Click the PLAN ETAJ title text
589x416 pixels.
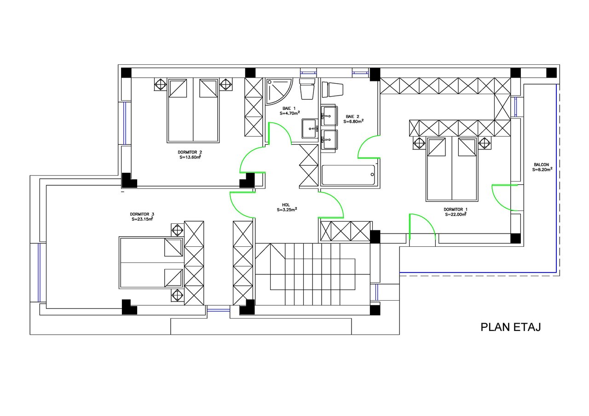click(511, 327)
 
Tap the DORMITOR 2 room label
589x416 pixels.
click(190, 152)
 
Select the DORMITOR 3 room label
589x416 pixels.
click(142, 214)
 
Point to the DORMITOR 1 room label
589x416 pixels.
click(456, 210)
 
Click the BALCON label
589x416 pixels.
click(542, 165)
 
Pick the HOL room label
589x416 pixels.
click(286, 205)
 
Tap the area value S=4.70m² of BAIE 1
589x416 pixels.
click(290, 113)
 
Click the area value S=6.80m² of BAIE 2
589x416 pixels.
click(354, 121)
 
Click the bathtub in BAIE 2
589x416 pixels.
click(348, 175)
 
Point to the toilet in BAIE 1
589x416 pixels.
click(307, 89)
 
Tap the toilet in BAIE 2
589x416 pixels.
click(333, 89)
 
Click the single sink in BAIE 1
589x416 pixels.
click(310, 128)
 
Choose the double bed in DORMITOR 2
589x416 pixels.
click(193, 110)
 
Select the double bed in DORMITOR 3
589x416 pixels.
click(151, 262)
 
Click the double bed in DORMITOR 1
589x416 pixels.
click(452, 169)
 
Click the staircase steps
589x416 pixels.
click(313, 274)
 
